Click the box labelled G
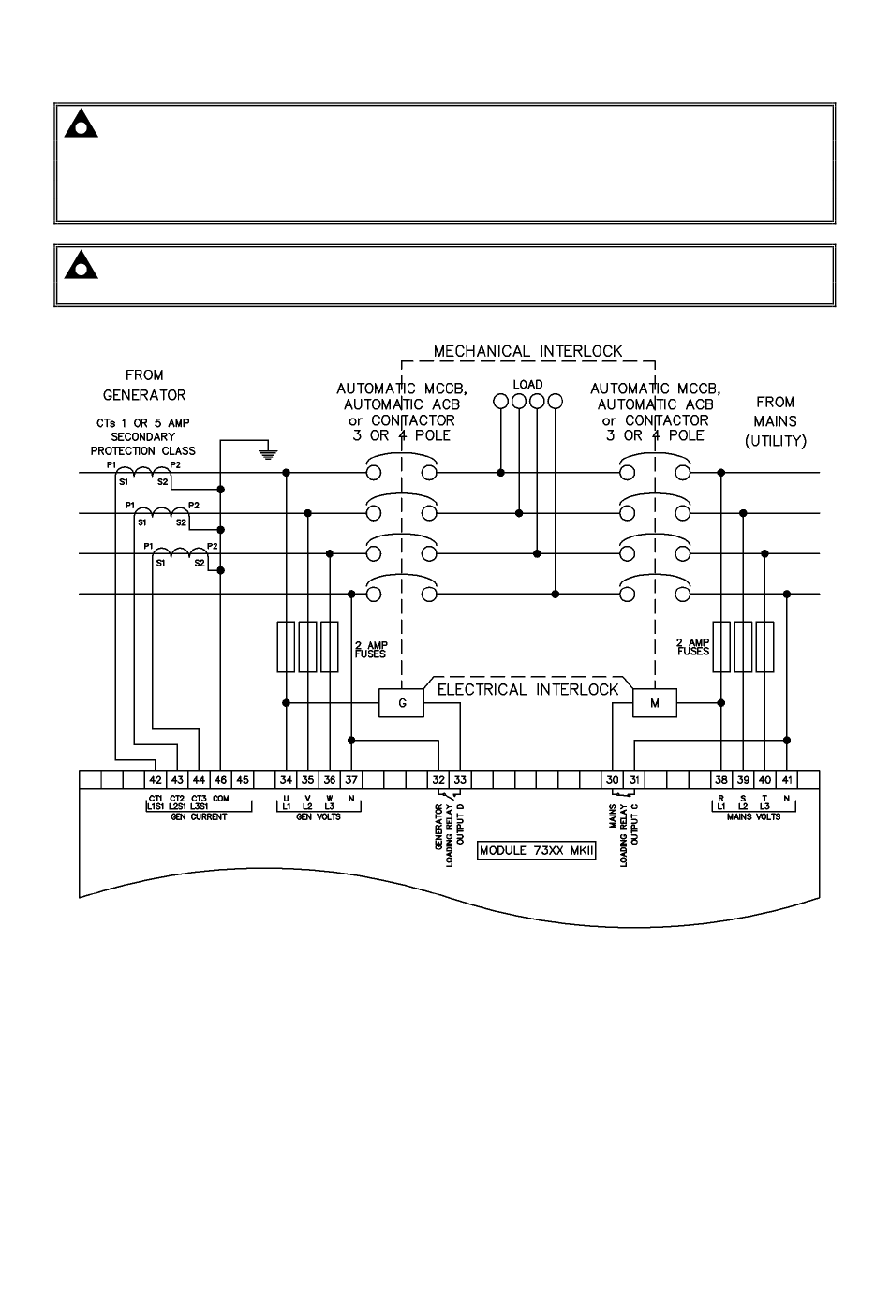403,702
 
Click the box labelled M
655,702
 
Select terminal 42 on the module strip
156,780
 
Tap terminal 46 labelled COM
220,780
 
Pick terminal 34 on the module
286,780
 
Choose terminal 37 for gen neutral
351,780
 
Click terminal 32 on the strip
438,780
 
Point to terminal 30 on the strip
612,780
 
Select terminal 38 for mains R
720,780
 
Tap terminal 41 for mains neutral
787,780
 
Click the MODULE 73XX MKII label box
537,851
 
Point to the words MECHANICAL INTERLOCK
527,351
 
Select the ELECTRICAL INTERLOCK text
528,690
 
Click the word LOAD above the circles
527,385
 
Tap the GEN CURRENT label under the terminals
199,817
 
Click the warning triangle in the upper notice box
82,125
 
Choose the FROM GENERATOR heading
143,385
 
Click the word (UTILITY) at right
776,442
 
